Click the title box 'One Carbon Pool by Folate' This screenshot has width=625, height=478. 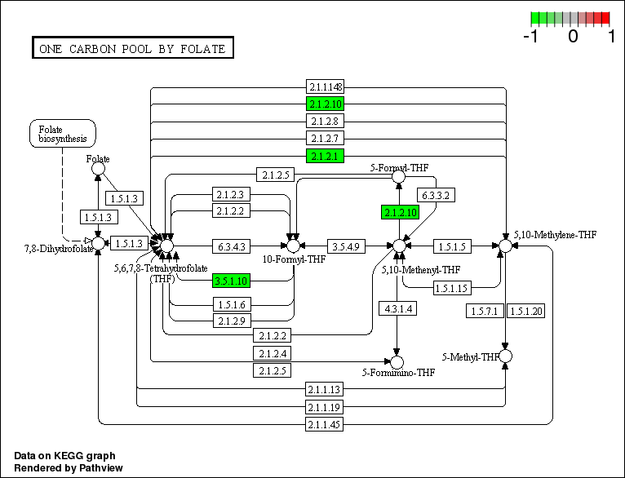[132, 49]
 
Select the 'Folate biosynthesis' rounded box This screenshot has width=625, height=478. [63, 134]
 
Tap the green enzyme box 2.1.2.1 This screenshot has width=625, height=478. [326, 155]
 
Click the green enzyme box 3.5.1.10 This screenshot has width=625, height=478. [232, 281]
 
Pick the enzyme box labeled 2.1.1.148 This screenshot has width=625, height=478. [326, 86]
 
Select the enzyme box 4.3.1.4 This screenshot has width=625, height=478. [397, 308]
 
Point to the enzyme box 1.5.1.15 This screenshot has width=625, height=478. [450, 288]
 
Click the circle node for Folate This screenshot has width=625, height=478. [98, 170]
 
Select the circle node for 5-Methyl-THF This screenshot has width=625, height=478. [505, 356]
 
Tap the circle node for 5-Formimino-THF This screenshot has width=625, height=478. [397, 361]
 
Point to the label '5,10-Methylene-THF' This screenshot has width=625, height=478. [554, 235]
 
